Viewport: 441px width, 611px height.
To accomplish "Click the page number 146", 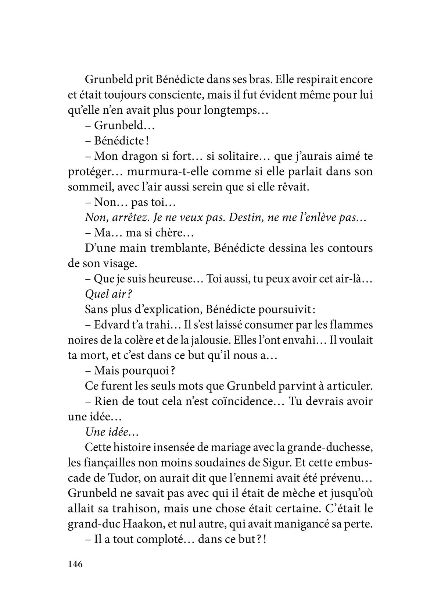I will (x=76, y=575).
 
